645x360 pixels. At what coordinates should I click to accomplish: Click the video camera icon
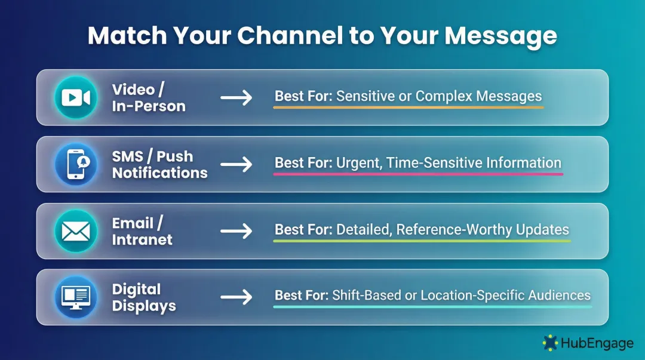[76, 98]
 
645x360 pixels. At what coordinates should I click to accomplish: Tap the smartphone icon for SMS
[76, 165]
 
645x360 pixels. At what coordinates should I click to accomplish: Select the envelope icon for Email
[76, 232]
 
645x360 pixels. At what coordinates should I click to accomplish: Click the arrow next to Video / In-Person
[236, 98]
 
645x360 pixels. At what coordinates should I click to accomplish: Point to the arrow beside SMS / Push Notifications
[236, 165]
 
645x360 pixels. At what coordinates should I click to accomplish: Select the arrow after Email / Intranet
[236, 232]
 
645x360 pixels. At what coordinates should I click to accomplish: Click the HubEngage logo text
[597, 343]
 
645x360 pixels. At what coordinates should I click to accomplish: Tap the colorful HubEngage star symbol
[549, 343]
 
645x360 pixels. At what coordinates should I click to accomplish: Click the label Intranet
[142, 240]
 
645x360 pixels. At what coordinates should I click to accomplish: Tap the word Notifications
[159, 173]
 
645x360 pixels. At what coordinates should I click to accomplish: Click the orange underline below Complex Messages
[478, 107]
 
